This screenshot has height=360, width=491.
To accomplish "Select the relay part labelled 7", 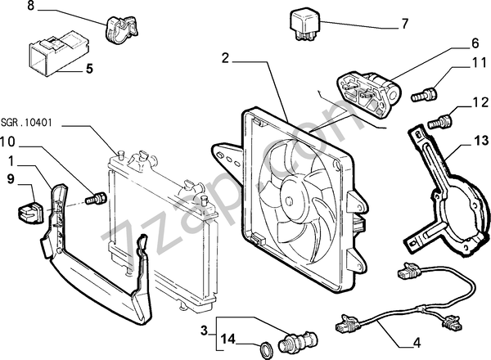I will point(302,22).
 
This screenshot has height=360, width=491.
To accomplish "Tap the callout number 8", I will point(9,7).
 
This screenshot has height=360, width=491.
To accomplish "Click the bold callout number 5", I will point(90,70).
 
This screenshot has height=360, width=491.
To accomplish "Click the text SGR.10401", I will point(27,122).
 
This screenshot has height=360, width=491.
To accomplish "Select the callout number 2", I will point(227,57).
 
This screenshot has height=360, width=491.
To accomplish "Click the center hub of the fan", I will point(291,196).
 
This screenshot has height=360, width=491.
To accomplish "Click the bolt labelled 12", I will point(442,122).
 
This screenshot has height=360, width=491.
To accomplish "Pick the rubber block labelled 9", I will point(26,208).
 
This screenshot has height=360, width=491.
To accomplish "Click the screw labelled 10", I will point(97,198).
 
